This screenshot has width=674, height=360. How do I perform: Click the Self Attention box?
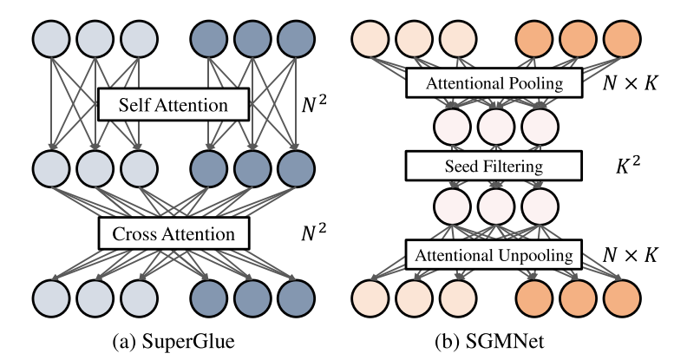pos(173,106)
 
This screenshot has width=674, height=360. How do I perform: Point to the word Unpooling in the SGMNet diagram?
pos(529,256)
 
